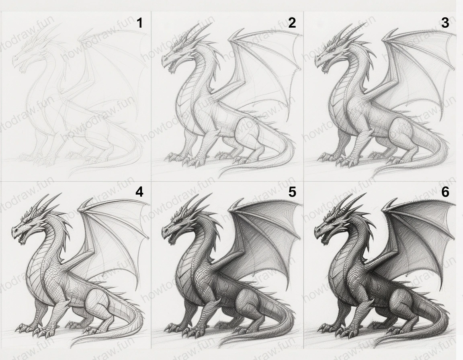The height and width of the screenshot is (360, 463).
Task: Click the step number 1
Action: click(139, 23)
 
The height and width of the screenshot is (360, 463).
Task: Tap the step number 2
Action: click(292, 23)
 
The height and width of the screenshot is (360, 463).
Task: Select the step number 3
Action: click(445, 23)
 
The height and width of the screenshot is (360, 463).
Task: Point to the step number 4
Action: click(139, 192)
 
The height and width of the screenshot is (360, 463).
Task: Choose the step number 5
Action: click(292, 192)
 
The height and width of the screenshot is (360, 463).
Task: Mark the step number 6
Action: click(445, 192)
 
